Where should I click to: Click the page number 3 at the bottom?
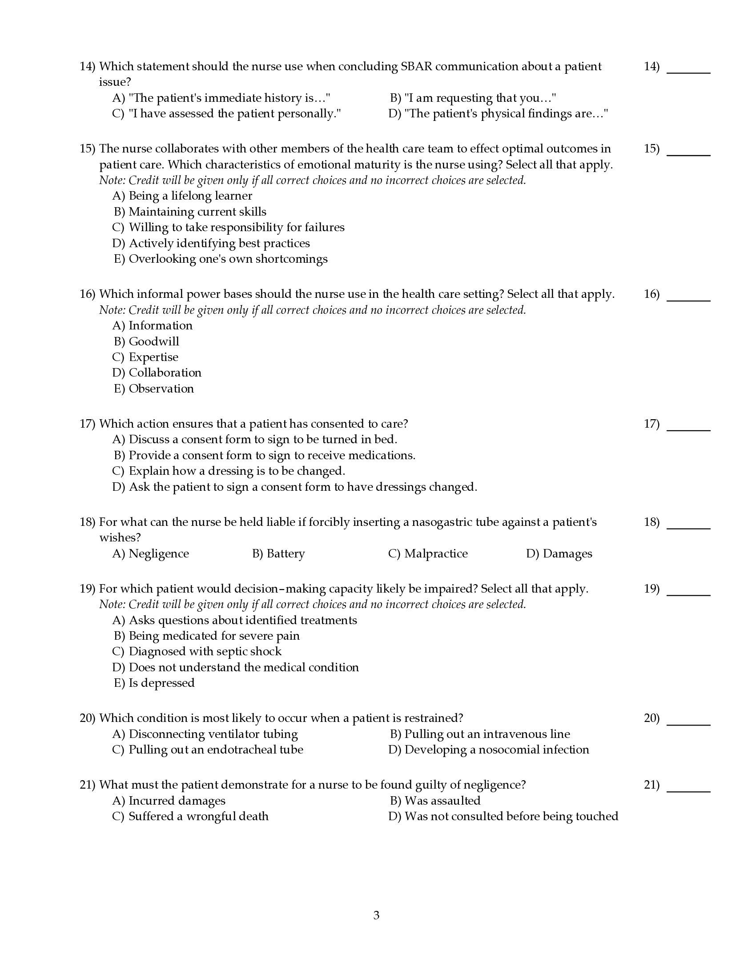pyautogui.click(x=376, y=915)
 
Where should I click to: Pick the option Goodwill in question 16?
pyautogui.click(x=153, y=341)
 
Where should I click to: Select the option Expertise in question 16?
pyautogui.click(x=153, y=357)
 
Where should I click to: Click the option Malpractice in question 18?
pyautogui.click(x=436, y=553)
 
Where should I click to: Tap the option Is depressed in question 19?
pyautogui.click(x=161, y=683)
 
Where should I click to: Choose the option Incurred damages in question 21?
pyautogui.click(x=177, y=801)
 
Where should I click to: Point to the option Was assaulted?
pyautogui.click(x=442, y=801)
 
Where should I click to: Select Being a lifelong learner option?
pyautogui.click(x=190, y=196)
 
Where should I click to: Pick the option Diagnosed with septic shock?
pyautogui.click(x=205, y=652)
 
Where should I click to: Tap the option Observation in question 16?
pyautogui.click(x=161, y=389)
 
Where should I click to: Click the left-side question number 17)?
pyautogui.click(x=87, y=424)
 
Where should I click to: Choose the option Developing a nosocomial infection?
pyautogui.click(x=497, y=750)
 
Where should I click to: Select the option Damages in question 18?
pyautogui.click(x=567, y=553)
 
